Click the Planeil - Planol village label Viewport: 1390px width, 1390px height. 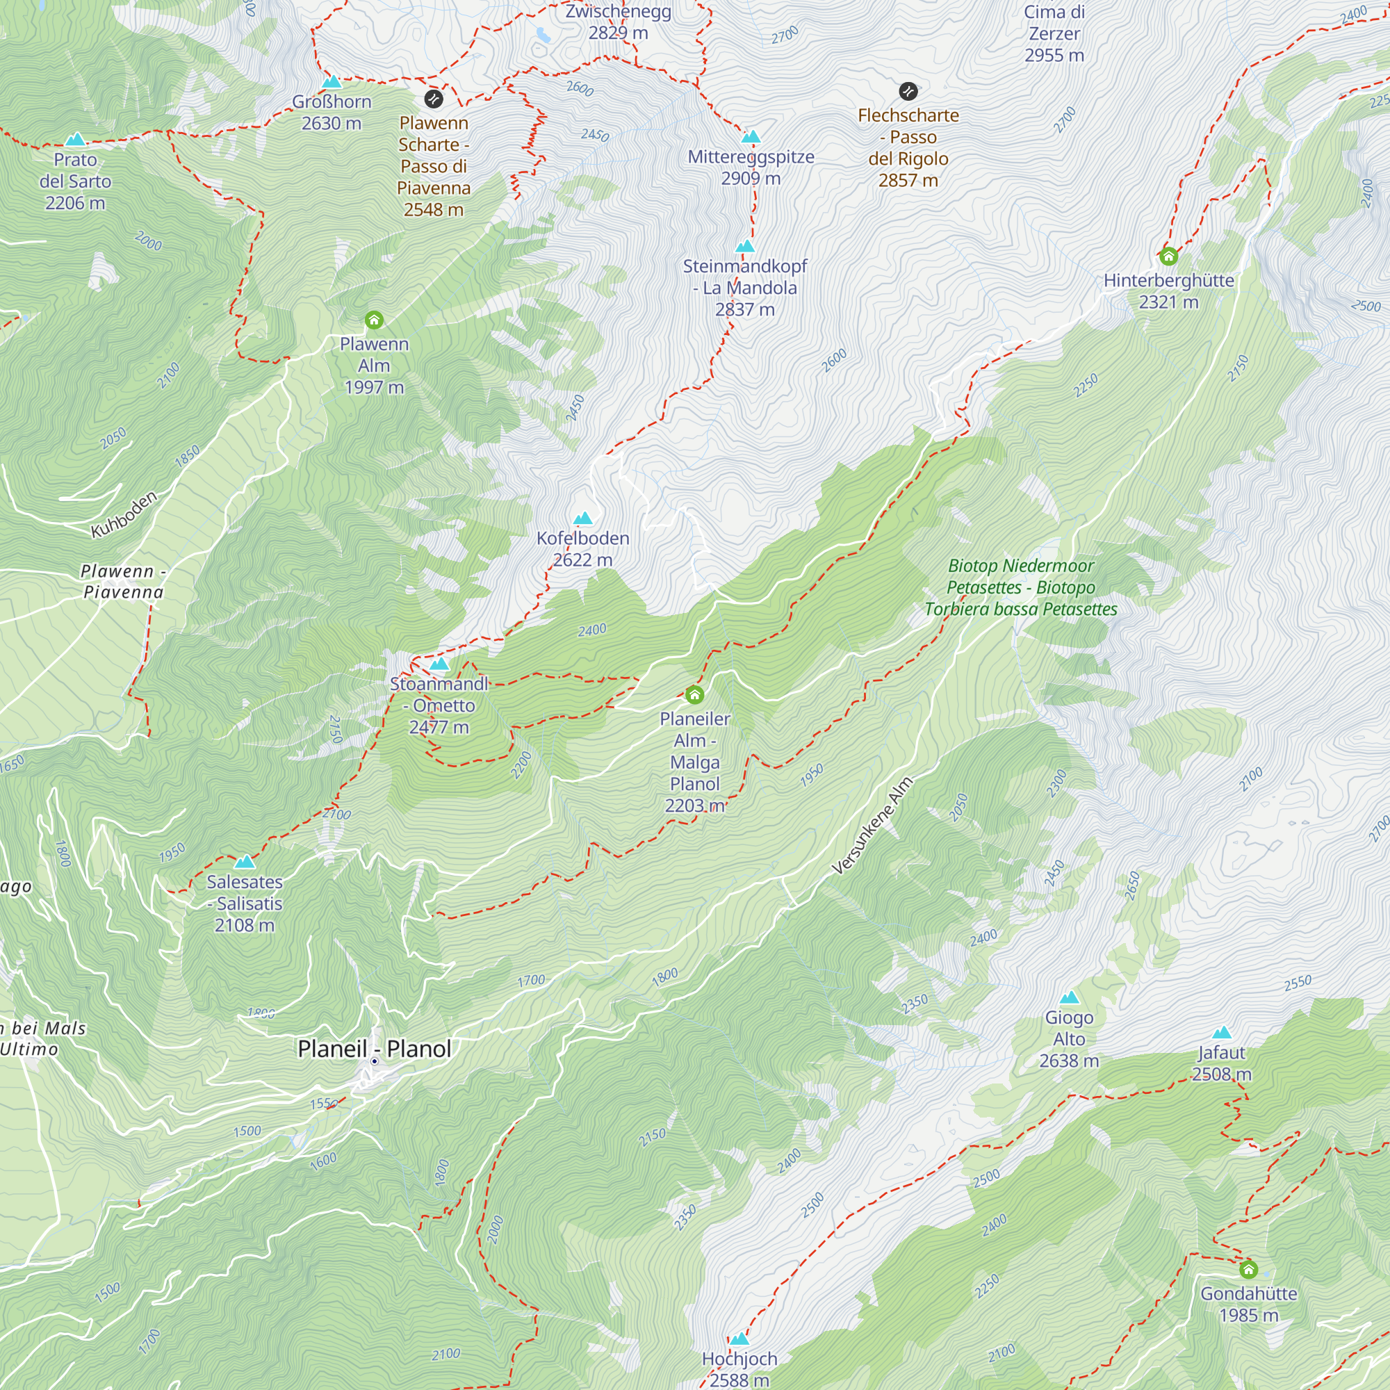pyautogui.click(x=374, y=1049)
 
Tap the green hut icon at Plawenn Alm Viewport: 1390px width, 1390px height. pyautogui.click(x=373, y=320)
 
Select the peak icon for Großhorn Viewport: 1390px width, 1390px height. pyautogui.click(x=331, y=81)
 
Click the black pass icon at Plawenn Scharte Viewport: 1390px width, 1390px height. pyautogui.click(x=433, y=99)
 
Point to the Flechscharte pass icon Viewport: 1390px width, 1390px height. pyautogui.click(x=908, y=91)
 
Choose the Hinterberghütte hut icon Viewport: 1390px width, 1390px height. pyautogui.click(x=1168, y=256)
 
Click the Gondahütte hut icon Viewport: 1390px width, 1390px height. pyautogui.click(x=1248, y=1269)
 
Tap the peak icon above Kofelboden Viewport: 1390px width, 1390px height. pyautogui.click(x=583, y=518)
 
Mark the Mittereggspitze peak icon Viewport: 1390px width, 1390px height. pyautogui.click(x=751, y=137)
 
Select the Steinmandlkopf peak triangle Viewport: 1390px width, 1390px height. pyautogui.click(x=744, y=246)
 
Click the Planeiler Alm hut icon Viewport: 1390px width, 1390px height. pyautogui.click(x=694, y=695)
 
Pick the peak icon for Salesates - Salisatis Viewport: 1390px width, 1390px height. pyautogui.click(x=245, y=862)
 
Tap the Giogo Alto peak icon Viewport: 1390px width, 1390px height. pyautogui.click(x=1069, y=997)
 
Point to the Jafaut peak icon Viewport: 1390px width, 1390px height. pyautogui.click(x=1221, y=1033)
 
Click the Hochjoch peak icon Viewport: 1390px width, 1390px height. pyautogui.click(x=739, y=1339)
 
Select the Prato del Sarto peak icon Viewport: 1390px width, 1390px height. pyautogui.click(x=75, y=140)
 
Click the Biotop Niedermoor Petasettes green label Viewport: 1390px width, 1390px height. pyautogui.click(x=1020, y=587)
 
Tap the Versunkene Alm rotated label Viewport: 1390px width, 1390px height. pyautogui.click(x=872, y=826)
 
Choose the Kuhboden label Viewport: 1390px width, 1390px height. pyautogui.click(x=124, y=514)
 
